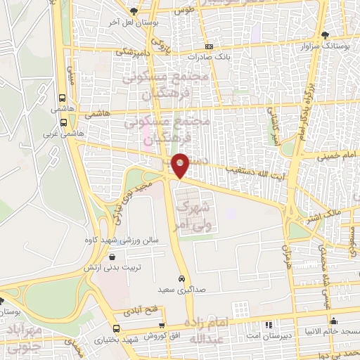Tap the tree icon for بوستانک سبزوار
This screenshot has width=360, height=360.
pyautogui.click(x=324, y=34)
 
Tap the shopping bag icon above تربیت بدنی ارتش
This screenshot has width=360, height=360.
pyautogui.click(x=112, y=258)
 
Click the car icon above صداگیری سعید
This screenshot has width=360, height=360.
pyautogui.click(x=182, y=278)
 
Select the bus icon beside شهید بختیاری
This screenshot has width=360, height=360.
pyautogui.click(x=116, y=328)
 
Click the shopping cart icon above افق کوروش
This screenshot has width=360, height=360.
pyautogui.click(x=162, y=326)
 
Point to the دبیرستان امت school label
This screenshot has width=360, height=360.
pyautogui.click(x=268, y=335)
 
